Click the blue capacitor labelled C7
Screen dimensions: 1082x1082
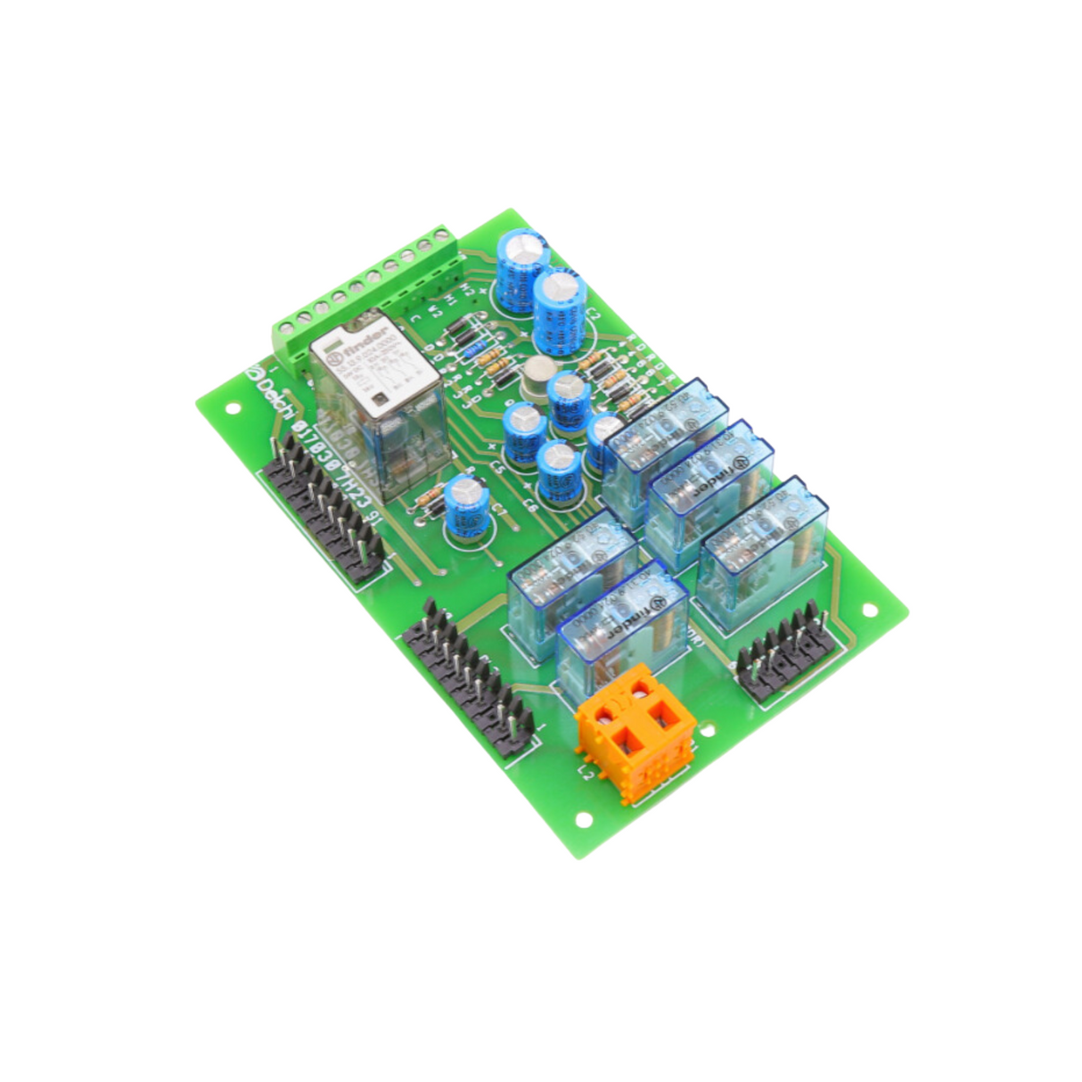click(x=464, y=507)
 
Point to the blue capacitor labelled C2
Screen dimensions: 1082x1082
click(x=561, y=312)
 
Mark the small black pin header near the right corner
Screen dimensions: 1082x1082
click(x=785, y=650)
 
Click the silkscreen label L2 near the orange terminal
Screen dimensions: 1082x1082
click(x=586, y=770)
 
